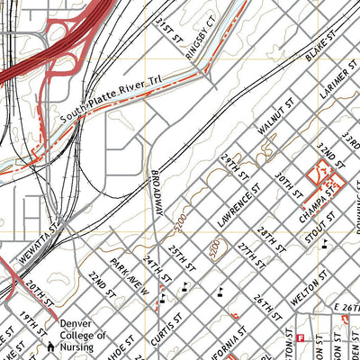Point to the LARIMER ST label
point(337,83)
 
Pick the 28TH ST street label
point(272,238)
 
